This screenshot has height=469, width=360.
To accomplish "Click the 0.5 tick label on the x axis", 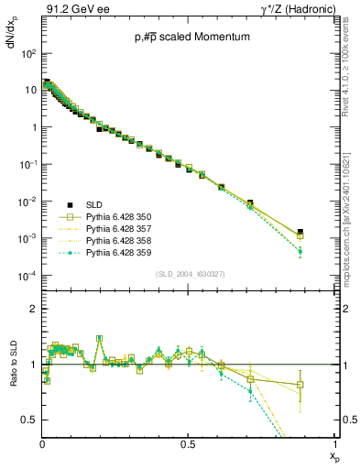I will click(188, 442).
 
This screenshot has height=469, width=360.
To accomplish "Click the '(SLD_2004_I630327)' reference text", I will click(188, 274).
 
